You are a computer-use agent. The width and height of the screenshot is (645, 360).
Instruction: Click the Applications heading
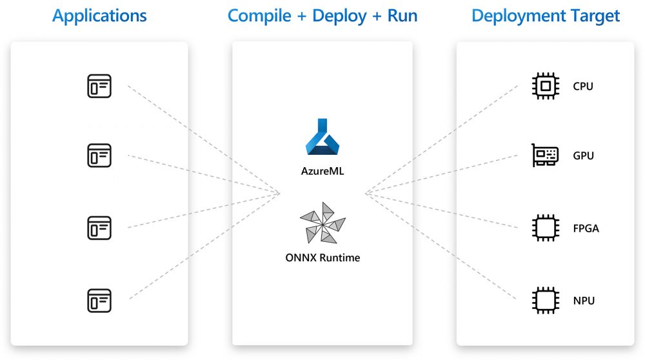point(99,15)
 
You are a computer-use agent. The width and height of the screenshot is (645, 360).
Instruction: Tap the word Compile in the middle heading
point(259,16)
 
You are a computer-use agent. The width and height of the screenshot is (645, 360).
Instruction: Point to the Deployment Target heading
point(546,15)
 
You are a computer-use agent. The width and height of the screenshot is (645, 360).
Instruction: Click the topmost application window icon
point(99,86)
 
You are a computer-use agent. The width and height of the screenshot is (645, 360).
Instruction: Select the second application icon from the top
point(99,155)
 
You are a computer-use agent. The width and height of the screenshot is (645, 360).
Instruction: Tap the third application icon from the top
point(99,227)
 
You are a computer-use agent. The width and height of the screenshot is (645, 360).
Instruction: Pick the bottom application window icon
point(99,299)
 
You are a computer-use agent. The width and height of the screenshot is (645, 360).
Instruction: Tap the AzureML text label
point(322,172)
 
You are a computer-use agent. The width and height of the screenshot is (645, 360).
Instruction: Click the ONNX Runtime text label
point(322,258)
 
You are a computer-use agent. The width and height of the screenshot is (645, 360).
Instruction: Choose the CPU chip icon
point(545,86)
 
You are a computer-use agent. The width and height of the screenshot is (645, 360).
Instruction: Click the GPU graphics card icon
point(545,155)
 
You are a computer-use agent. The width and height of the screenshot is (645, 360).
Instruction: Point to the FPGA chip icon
point(545,228)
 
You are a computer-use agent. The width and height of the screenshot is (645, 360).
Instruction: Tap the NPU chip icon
point(545,300)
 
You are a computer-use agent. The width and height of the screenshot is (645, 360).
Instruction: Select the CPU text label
point(582,86)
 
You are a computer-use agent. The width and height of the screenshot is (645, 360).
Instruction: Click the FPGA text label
point(586,228)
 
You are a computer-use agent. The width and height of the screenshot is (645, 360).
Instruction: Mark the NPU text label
point(584,301)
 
